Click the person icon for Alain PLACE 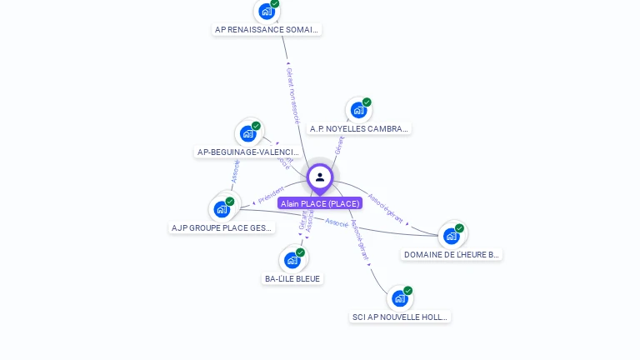[319, 177]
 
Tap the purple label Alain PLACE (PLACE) [320, 203]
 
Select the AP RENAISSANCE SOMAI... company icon [267, 11]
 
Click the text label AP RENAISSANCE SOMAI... [267, 29]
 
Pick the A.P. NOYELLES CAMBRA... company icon [358, 110]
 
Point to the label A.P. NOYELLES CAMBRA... [359, 129]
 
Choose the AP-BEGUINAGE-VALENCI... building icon [247, 133]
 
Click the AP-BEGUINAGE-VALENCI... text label [247, 152]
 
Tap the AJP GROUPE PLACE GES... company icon [222, 208]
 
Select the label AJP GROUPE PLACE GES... [222, 227]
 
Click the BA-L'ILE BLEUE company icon [292, 260]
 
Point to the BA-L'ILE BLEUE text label [292, 278]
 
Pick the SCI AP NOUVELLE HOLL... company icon [400, 298]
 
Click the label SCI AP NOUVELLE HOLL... [400, 317]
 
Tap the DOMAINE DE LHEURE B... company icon [452, 236]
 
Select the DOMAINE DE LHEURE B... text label [452, 254]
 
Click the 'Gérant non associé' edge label [292, 96]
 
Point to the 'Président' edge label [271, 195]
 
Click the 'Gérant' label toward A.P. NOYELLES [338, 145]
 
